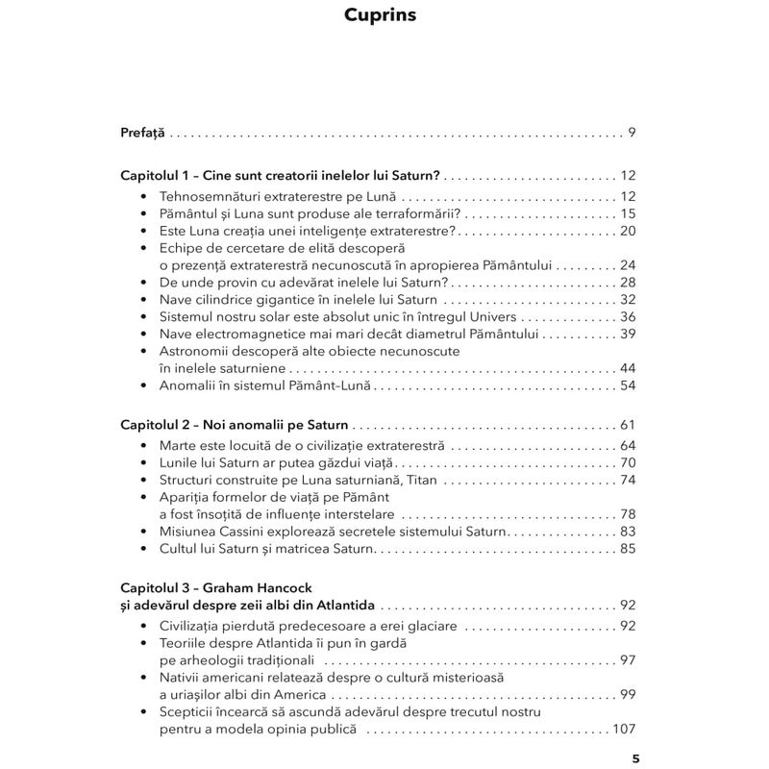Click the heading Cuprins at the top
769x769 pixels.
(384, 16)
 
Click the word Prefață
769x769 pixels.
(143, 132)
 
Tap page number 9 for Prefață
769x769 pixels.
(632, 132)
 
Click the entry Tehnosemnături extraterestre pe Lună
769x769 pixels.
(271, 196)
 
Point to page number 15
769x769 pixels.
(629, 213)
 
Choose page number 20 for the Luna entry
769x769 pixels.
(629, 231)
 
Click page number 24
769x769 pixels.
(629, 265)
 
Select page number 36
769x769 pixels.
(629, 317)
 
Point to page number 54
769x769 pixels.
(629, 385)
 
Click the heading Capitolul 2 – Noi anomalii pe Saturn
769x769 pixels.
(236, 424)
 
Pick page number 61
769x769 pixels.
(629, 424)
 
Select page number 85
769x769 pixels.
(629, 548)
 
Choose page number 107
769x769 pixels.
(625, 730)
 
